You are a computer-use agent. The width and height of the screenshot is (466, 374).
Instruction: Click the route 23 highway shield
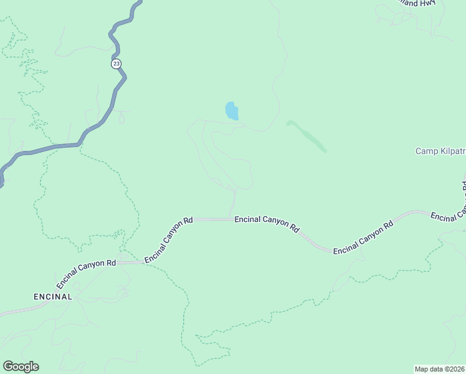117,64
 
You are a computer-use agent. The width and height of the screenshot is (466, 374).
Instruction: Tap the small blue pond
231,111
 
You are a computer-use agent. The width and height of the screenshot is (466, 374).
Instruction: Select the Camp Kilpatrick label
440,151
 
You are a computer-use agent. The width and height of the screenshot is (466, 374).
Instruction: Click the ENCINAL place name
53,297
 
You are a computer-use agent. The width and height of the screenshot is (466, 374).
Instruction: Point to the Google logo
21,367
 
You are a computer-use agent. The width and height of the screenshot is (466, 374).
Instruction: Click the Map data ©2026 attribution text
440,368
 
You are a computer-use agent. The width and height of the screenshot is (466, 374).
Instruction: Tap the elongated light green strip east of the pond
307,136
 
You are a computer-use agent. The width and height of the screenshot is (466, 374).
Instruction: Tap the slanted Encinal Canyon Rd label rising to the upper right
169,240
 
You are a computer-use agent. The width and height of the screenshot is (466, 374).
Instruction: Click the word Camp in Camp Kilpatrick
426,151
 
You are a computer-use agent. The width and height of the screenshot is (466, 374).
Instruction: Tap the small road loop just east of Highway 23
121,115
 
